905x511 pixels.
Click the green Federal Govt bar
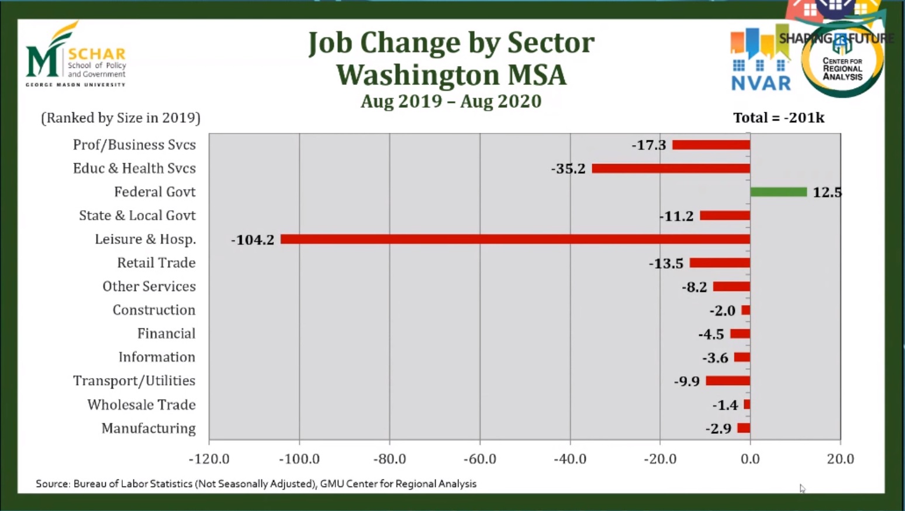point(778,192)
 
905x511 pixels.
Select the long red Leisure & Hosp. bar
point(515,239)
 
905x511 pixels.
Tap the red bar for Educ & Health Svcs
point(671,169)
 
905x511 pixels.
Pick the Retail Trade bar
point(720,263)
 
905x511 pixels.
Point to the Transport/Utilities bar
point(728,381)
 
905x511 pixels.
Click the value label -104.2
point(253,239)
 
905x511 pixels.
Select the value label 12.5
point(827,193)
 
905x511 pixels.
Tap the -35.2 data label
point(568,169)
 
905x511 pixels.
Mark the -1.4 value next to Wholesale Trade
point(725,405)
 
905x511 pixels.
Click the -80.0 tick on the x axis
point(389,459)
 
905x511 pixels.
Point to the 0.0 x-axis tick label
point(750,459)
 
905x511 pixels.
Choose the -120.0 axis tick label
point(209,459)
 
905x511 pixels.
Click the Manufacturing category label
point(148,428)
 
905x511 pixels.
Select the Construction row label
point(154,310)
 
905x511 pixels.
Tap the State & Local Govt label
point(137,215)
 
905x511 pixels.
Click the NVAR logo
point(761,61)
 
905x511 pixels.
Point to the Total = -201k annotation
point(779,118)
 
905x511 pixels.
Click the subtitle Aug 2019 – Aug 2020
point(451,101)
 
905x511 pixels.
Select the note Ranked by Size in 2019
point(120,118)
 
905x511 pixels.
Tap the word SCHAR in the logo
point(97,54)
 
